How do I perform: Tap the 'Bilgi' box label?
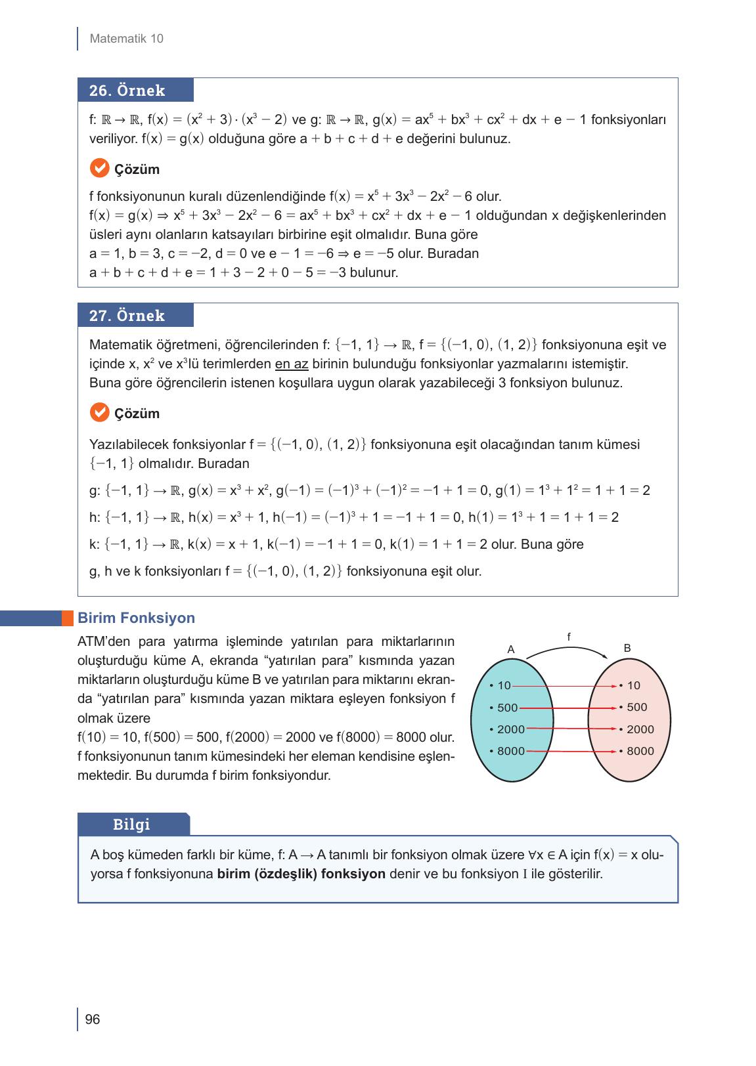(132, 824)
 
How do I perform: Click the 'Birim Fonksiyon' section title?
(136, 618)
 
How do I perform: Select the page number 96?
(93, 1019)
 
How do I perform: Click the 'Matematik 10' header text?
(126, 39)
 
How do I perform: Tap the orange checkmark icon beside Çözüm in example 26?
(99, 168)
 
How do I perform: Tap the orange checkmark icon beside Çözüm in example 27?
(99, 412)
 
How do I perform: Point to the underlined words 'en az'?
(292, 364)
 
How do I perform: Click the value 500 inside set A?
(507, 708)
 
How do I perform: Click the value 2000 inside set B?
(640, 729)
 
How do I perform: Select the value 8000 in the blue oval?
(510, 751)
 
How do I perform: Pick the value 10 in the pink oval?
(633, 686)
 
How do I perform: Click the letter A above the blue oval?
(511, 649)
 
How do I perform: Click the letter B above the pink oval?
(627, 649)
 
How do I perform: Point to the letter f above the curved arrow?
(569, 636)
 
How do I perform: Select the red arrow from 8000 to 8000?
(571, 751)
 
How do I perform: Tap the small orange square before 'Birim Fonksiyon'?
(68, 618)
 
